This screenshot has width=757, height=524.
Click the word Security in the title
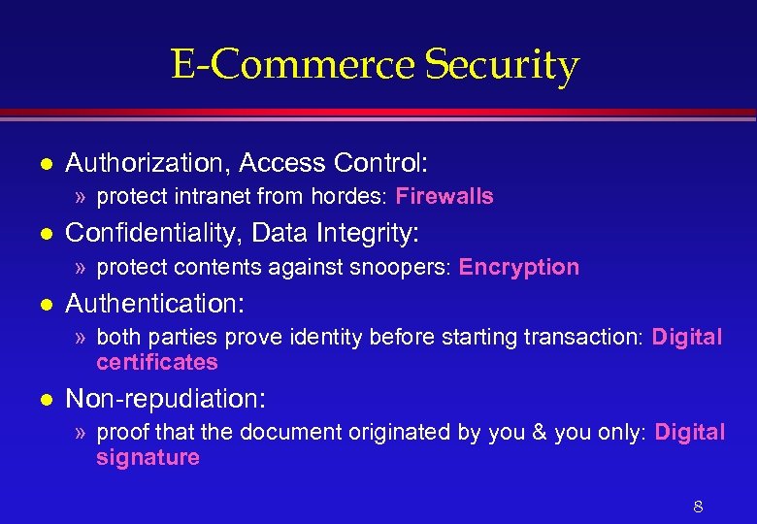[502, 66]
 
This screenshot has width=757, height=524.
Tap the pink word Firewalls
[444, 196]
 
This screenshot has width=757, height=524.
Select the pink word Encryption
[519, 267]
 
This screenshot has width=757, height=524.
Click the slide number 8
[698, 506]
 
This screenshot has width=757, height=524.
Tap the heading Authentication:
[154, 303]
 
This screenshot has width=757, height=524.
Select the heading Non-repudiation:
[165, 398]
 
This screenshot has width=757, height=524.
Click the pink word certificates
[157, 362]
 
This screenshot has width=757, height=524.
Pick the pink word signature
[148, 457]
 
